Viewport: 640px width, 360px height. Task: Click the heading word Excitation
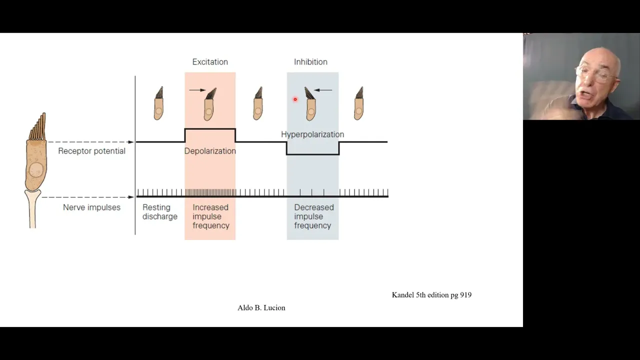(x=210, y=62)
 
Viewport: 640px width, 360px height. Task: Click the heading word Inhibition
(x=310, y=62)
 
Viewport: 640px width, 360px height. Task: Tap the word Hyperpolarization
(x=312, y=134)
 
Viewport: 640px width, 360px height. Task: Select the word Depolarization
(x=210, y=151)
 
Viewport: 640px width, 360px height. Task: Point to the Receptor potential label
(x=91, y=151)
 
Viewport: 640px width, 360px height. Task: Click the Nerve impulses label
(x=91, y=207)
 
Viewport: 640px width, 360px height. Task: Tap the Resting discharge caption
(x=159, y=211)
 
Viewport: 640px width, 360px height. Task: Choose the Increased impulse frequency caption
(x=211, y=216)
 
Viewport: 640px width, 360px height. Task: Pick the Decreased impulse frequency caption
(x=313, y=216)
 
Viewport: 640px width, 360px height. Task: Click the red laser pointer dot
(x=295, y=99)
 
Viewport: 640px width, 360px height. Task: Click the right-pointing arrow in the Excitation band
(x=197, y=90)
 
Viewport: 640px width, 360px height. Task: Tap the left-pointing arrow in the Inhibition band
(x=323, y=90)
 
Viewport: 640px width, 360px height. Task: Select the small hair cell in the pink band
(x=209, y=105)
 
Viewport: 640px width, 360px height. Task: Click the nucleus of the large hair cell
(x=36, y=170)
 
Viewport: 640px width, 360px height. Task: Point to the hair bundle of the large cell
(x=37, y=126)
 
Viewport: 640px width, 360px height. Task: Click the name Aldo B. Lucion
(x=261, y=307)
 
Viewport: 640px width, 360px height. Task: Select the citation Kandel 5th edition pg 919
(x=431, y=295)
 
